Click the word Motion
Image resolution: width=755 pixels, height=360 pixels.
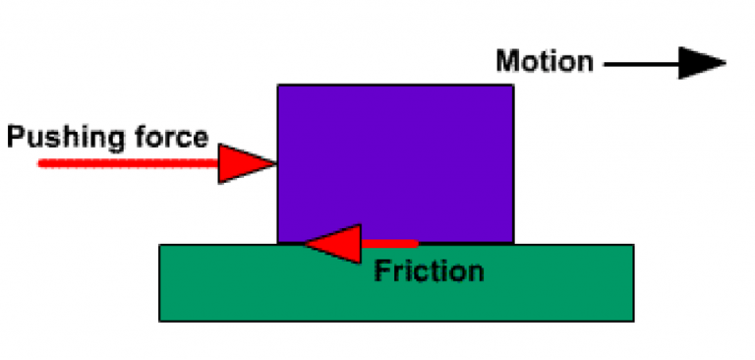point(544,62)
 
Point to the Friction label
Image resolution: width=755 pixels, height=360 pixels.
point(429,270)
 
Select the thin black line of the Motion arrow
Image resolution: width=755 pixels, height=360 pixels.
point(639,65)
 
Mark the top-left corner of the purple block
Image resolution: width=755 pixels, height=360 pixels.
point(278,87)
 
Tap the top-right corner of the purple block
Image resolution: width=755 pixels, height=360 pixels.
point(512,87)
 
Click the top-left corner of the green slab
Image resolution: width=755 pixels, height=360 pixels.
point(160,246)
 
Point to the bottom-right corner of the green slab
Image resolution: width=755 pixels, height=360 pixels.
point(632,320)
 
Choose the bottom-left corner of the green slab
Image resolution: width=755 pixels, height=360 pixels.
point(160,320)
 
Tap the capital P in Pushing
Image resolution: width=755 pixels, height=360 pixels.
point(16,137)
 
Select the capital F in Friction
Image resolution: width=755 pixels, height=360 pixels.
point(381,270)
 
